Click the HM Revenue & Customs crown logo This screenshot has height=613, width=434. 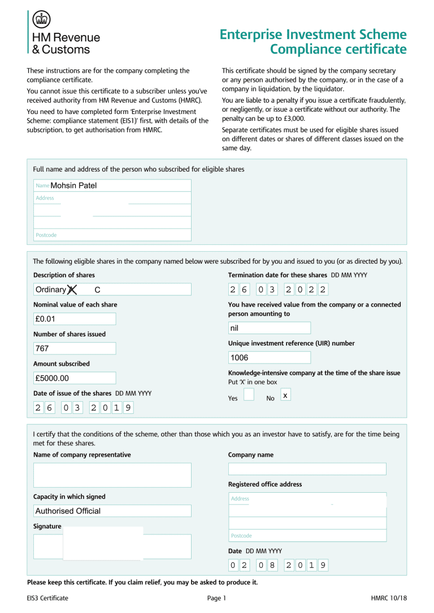41,20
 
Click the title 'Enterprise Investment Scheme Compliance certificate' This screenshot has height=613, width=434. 313,42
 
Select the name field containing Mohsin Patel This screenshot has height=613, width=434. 112,185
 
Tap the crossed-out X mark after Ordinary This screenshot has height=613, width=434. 72,290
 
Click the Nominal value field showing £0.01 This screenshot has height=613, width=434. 75,319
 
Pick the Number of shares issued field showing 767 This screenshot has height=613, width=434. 75,348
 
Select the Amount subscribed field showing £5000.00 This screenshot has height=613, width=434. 75,378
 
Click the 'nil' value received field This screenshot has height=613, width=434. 269,328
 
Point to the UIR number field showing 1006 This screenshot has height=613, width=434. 269,357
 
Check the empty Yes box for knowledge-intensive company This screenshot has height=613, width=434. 249,395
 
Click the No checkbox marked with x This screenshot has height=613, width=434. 286,395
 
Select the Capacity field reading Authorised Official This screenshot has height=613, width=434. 112,511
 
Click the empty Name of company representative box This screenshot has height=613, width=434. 112,475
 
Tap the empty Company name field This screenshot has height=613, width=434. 307,469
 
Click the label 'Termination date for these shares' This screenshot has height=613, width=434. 277,275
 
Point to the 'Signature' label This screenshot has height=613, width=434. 47,526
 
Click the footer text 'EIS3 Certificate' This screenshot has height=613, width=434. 47,598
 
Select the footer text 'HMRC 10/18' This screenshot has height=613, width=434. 389,598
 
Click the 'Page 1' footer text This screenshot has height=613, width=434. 216,598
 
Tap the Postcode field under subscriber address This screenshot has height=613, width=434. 112,235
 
